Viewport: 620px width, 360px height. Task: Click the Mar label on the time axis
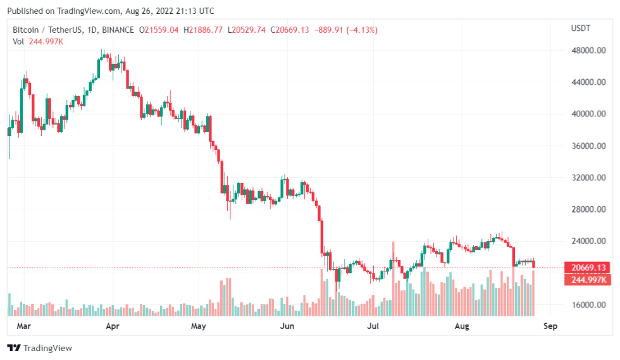23,326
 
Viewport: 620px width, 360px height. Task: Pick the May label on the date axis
199,326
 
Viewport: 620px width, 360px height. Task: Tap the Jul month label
373,326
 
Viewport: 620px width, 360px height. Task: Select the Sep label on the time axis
550,326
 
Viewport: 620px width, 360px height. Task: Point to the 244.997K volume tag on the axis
585,280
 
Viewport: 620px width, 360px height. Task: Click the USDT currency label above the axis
580,28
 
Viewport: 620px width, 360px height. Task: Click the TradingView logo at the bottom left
39,348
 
